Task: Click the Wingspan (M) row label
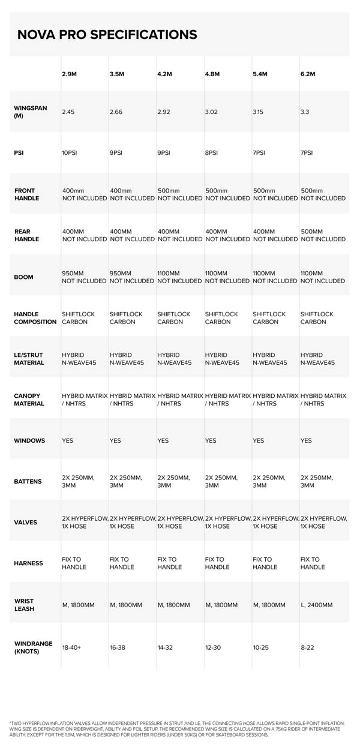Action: (31, 112)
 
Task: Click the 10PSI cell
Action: (70, 152)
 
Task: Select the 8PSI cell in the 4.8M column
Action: (211, 152)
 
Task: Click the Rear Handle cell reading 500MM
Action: (311, 231)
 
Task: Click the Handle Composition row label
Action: (35, 318)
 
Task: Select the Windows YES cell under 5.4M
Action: (259, 440)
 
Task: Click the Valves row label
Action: (25, 522)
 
